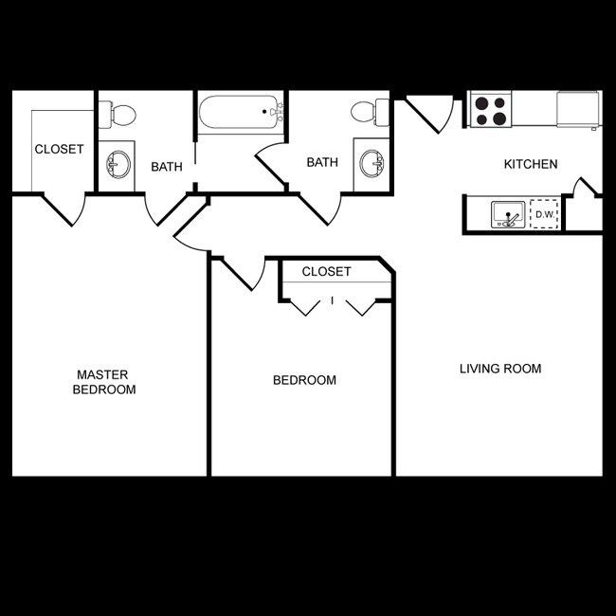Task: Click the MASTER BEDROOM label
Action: (106, 382)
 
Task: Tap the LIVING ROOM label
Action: (500, 369)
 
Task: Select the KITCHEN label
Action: (530, 165)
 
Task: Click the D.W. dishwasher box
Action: (544, 215)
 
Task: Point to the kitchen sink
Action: (509, 215)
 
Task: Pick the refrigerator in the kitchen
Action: (578, 110)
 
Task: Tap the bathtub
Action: (241, 113)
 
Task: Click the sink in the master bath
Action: (118, 165)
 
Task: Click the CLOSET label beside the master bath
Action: (60, 150)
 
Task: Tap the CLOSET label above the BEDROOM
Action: (326, 272)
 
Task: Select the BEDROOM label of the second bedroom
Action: (304, 381)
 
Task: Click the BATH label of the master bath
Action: (167, 168)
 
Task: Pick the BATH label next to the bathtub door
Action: (322, 163)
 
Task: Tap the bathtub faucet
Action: (276, 112)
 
